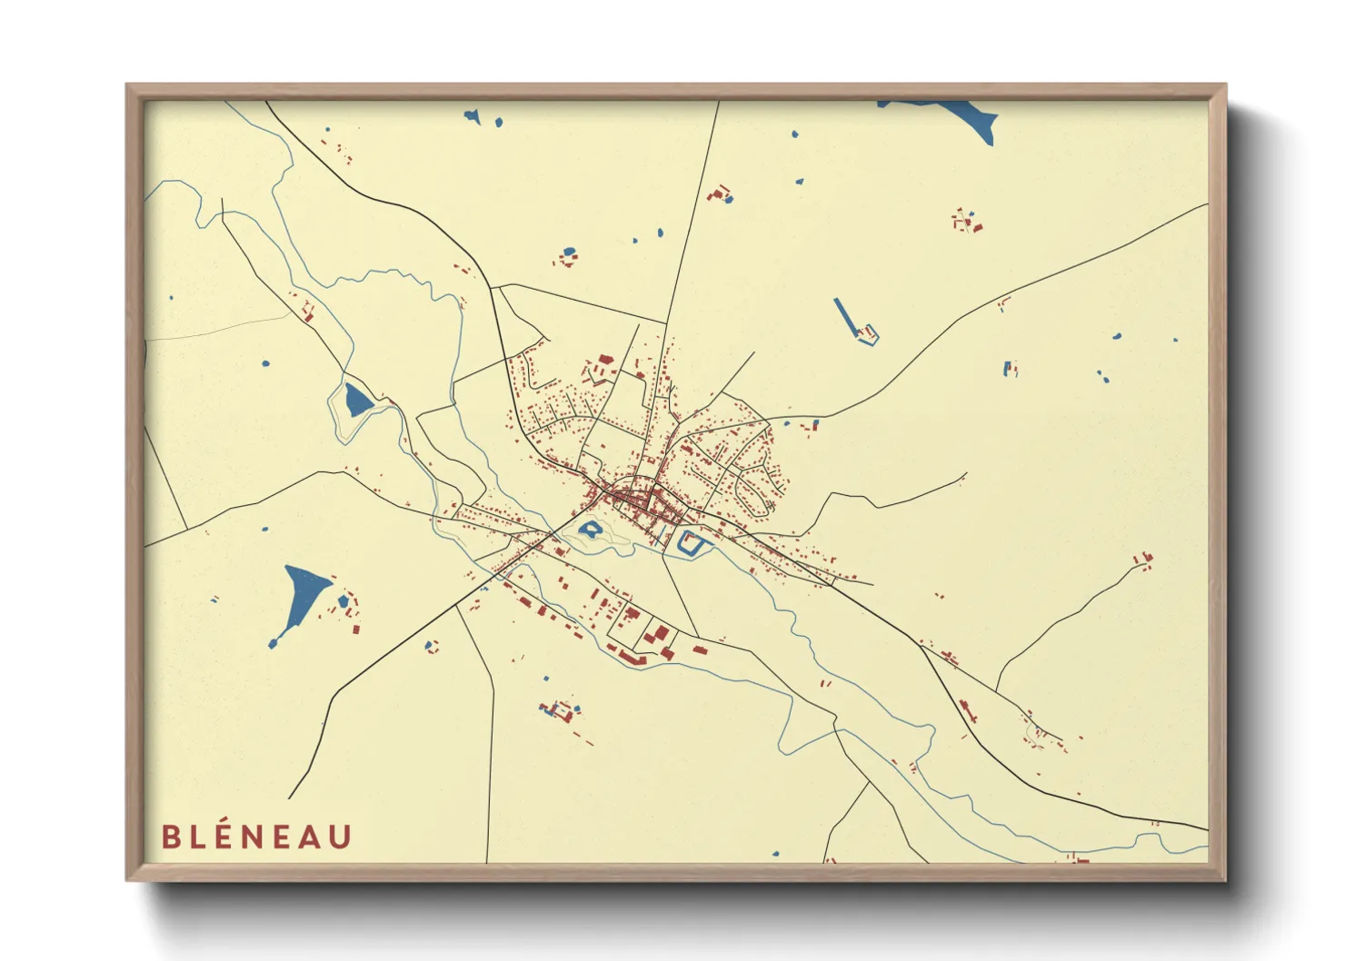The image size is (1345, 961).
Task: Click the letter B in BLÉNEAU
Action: click(x=170, y=837)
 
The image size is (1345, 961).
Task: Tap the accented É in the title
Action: click(x=227, y=836)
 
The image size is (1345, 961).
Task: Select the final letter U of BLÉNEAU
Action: click(x=339, y=837)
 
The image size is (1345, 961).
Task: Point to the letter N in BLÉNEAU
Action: click(x=256, y=837)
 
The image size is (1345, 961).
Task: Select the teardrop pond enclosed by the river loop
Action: click(x=355, y=400)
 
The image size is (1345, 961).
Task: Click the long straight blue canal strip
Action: click(x=844, y=315)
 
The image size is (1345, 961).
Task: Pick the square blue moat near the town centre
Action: click(x=692, y=543)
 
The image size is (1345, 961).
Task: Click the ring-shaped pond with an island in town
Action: click(x=591, y=529)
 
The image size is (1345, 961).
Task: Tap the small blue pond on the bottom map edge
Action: click(x=775, y=854)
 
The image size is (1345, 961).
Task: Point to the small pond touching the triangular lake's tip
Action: click(x=273, y=644)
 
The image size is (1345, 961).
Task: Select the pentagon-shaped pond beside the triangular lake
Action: click(x=344, y=601)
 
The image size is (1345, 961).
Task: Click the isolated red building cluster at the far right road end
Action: click(x=1143, y=560)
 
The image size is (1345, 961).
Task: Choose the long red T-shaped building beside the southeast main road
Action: click(x=966, y=709)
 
